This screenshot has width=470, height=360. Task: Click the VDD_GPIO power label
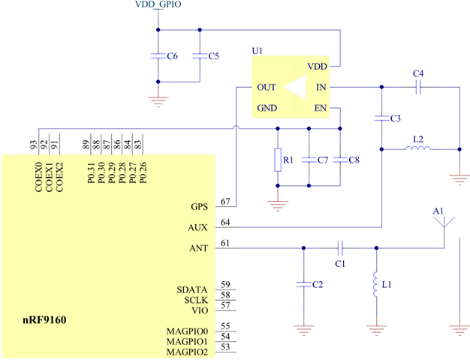coord(157,5)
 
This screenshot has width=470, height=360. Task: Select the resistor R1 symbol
coord(278,159)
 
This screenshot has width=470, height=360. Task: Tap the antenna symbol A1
coord(444,223)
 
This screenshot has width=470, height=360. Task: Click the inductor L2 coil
coord(418,148)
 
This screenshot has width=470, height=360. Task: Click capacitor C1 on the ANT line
coord(340,247)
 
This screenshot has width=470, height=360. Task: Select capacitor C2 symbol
coord(303,284)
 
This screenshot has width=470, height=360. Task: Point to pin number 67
coord(225,202)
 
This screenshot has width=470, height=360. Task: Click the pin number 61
coord(225,242)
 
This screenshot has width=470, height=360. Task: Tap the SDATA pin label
coord(194,288)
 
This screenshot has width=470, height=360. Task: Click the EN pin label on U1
coord(321,108)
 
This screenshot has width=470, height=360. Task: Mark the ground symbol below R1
coord(278,201)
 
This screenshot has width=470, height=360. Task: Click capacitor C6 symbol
coord(158,56)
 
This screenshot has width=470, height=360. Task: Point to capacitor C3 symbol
coord(382,118)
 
